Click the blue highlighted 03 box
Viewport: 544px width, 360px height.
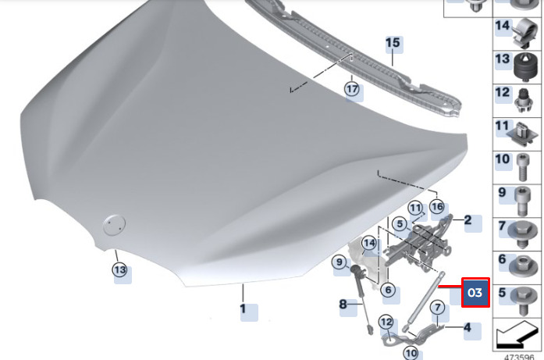click(475, 292)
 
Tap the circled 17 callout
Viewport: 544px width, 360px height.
click(352, 89)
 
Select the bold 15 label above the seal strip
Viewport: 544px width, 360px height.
click(393, 43)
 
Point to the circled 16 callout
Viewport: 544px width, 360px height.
click(437, 207)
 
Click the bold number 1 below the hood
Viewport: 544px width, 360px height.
click(243, 308)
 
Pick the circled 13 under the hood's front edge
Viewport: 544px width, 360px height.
click(119, 269)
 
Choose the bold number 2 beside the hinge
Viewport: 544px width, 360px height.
click(468, 219)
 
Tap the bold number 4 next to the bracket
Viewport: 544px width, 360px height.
click(468, 327)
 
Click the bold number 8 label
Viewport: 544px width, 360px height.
click(343, 304)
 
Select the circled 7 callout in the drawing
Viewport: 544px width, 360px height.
click(438, 307)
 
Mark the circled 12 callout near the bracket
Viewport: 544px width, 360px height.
click(386, 323)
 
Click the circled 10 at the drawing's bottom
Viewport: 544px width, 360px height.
click(411, 353)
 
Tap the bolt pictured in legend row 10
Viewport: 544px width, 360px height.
click(523, 168)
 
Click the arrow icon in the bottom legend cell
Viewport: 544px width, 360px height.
click(517, 335)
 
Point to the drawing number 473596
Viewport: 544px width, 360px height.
click(519, 357)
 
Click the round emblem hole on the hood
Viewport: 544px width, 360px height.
click(114, 226)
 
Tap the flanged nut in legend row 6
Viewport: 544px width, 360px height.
click(523, 267)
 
